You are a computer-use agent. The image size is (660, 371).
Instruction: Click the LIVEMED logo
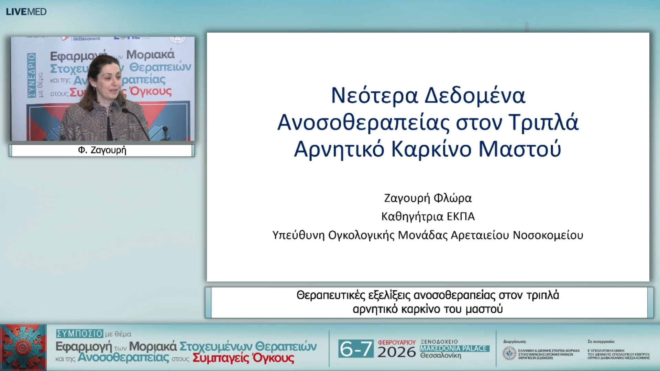(26, 12)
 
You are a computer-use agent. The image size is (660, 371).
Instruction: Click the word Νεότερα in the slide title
(374, 95)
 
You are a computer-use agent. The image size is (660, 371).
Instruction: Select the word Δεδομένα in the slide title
(475, 95)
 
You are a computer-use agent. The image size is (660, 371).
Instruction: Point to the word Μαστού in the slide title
(520, 149)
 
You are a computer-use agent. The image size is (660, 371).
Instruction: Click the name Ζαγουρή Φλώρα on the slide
(428, 198)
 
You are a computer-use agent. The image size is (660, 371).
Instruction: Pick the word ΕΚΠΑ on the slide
(461, 216)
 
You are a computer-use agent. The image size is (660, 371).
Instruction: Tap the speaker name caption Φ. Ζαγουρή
(102, 150)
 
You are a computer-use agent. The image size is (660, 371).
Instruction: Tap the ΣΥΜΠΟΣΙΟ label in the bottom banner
(79, 333)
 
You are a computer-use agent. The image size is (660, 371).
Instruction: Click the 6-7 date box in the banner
(356, 349)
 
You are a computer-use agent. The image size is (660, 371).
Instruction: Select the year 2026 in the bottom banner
(397, 352)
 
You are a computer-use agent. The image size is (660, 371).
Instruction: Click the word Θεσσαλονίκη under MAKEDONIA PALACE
(441, 356)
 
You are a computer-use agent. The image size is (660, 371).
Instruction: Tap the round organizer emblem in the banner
(509, 353)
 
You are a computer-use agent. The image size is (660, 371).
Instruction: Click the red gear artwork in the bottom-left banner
(23, 347)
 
